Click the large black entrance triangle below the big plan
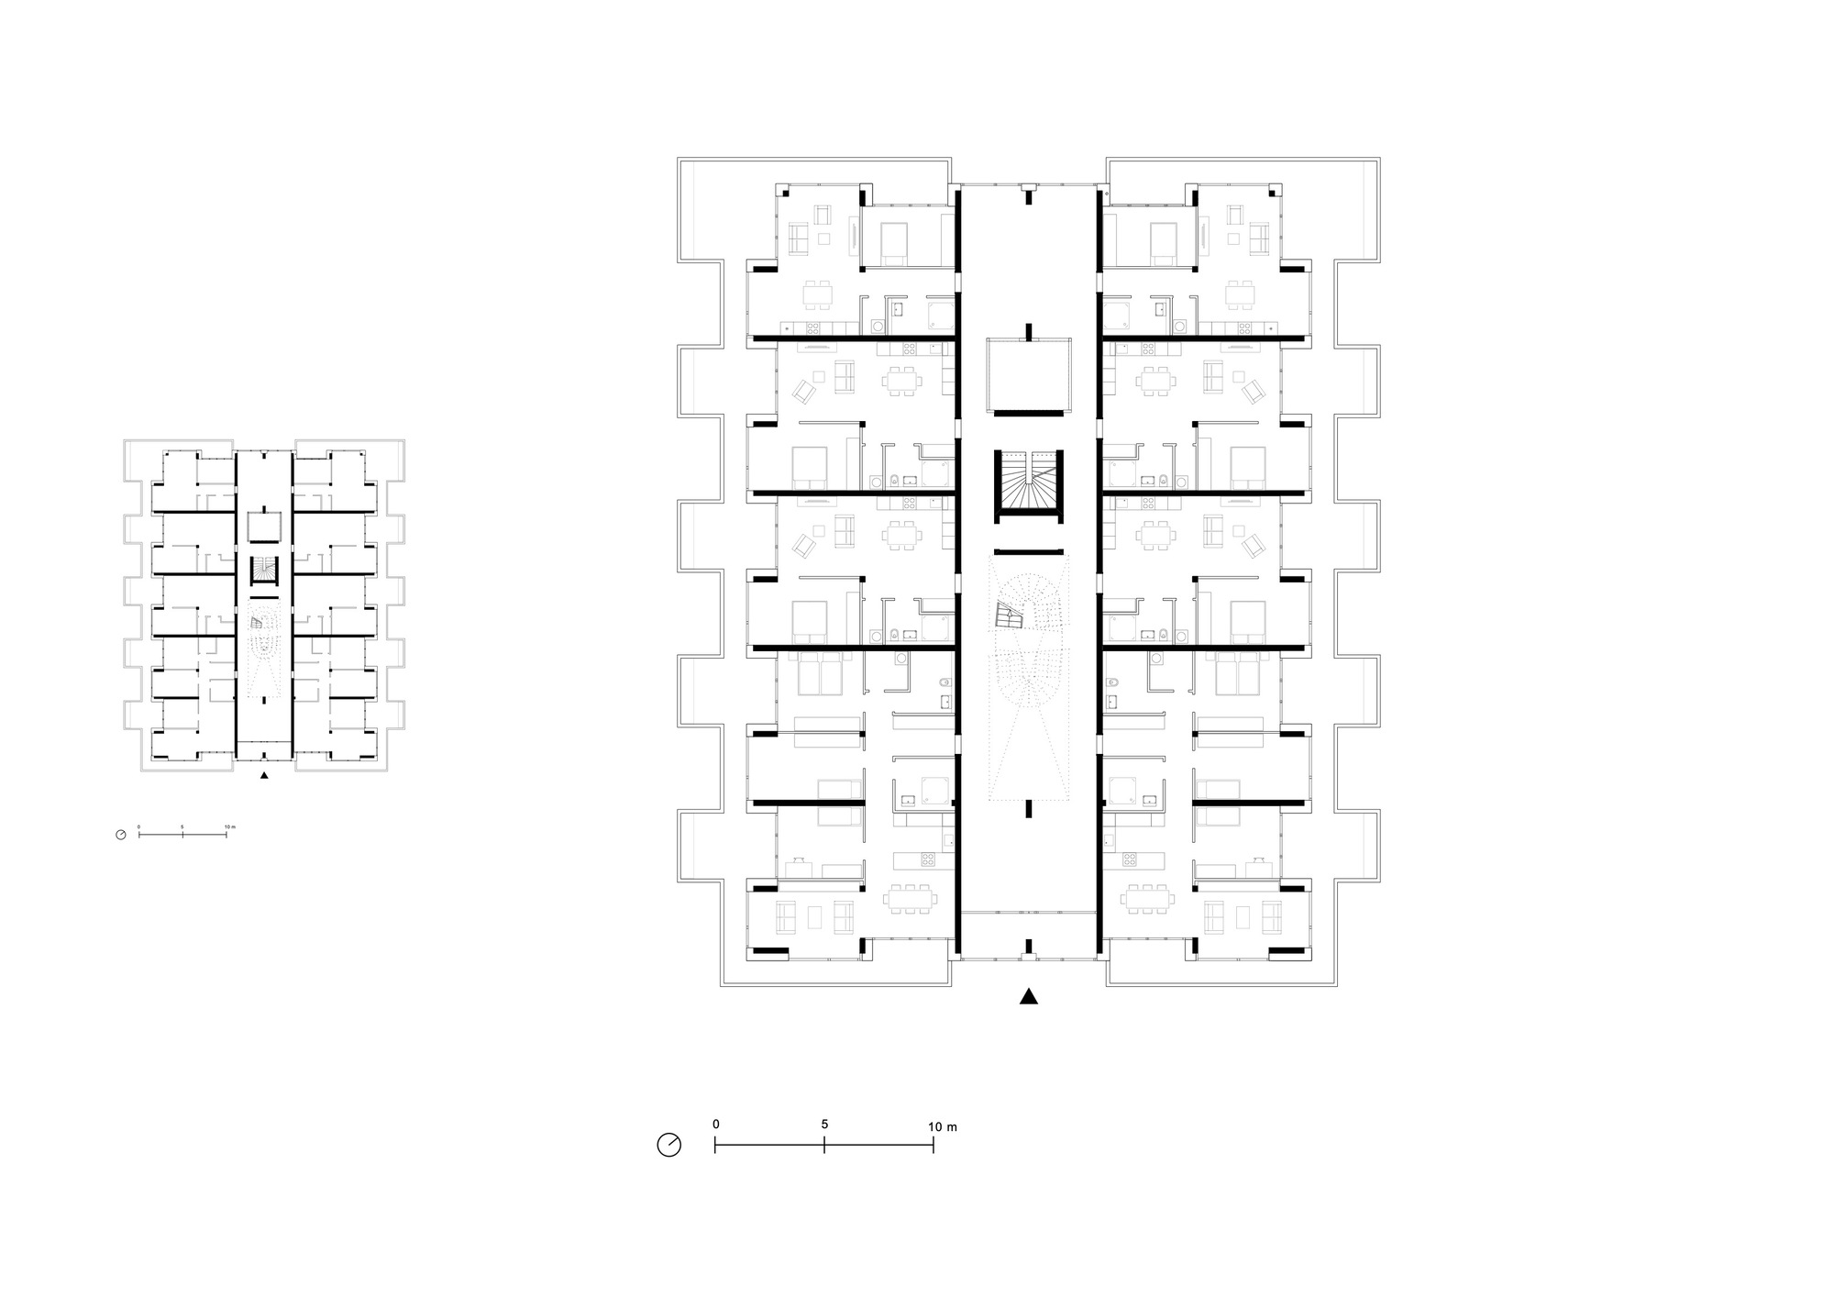tap(1029, 997)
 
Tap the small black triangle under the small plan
tap(264, 776)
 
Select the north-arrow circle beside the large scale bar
tap(669, 1145)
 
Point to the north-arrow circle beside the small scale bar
tap(120, 835)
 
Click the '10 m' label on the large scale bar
tap(943, 1126)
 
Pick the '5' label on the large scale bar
tap(824, 1125)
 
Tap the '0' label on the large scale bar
tap(715, 1125)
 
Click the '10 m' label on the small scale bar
tap(229, 827)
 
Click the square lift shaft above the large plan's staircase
tap(1028, 375)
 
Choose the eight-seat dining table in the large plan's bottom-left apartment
tap(911, 899)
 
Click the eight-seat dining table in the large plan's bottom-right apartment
tap(1147, 899)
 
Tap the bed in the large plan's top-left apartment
tap(894, 244)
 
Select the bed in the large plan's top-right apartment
tap(1164, 244)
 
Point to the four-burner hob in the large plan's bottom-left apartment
tap(927, 860)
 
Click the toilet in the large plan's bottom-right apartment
tap(1111, 682)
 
